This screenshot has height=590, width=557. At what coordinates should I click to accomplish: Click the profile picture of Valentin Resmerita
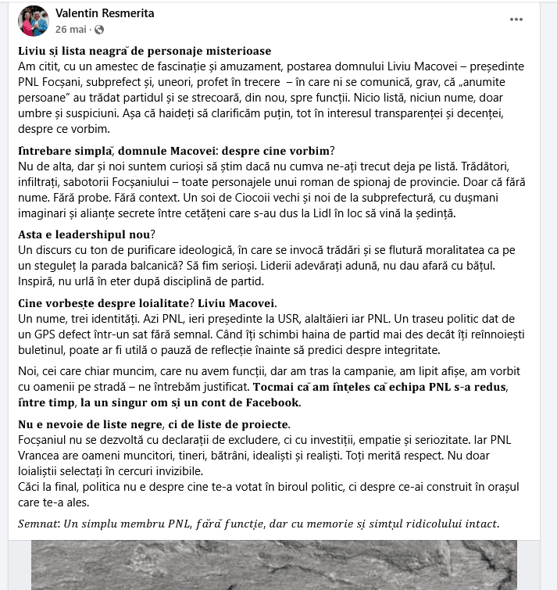point(34,21)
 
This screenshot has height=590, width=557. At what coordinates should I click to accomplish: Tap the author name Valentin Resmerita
point(105,13)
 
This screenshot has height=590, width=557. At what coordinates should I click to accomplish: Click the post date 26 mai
point(71,30)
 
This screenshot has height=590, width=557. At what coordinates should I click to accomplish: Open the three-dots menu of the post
point(516,19)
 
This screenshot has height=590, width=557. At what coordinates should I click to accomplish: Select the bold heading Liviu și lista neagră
point(144,51)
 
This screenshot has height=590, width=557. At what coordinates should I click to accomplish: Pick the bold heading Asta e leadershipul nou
point(86,234)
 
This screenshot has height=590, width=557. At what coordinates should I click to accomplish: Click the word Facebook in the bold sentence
point(270,402)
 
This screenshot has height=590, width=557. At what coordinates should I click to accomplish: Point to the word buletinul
point(45,350)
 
